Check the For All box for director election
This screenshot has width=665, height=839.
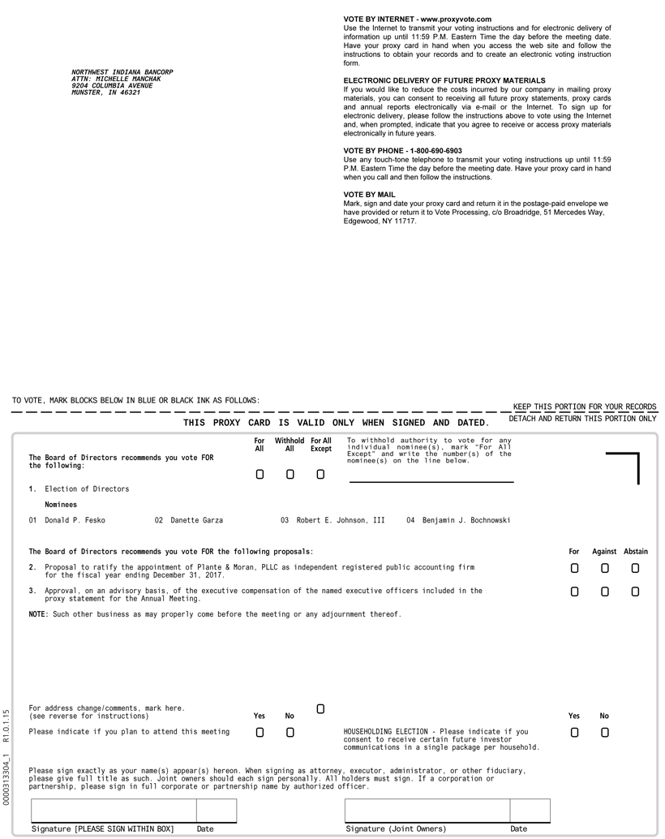point(260,475)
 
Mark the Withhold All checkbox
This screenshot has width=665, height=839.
point(290,475)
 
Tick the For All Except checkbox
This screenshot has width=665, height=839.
point(320,475)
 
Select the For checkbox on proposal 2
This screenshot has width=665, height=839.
point(574,569)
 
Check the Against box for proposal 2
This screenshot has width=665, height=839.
point(604,569)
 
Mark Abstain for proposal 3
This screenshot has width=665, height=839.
point(635,592)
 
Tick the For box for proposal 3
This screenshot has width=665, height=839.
point(574,592)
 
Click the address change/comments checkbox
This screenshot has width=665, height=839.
point(320,709)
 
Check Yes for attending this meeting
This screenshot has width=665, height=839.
point(260,733)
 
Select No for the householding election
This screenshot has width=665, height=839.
point(604,733)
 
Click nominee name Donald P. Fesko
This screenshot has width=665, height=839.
point(75,520)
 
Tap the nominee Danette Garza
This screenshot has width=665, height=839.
point(196,520)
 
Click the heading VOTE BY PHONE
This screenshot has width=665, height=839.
point(402,151)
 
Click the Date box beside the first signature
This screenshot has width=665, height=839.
point(217,811)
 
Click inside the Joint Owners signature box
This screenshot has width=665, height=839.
point(427,811)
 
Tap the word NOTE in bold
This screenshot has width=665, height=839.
point(38,614)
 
